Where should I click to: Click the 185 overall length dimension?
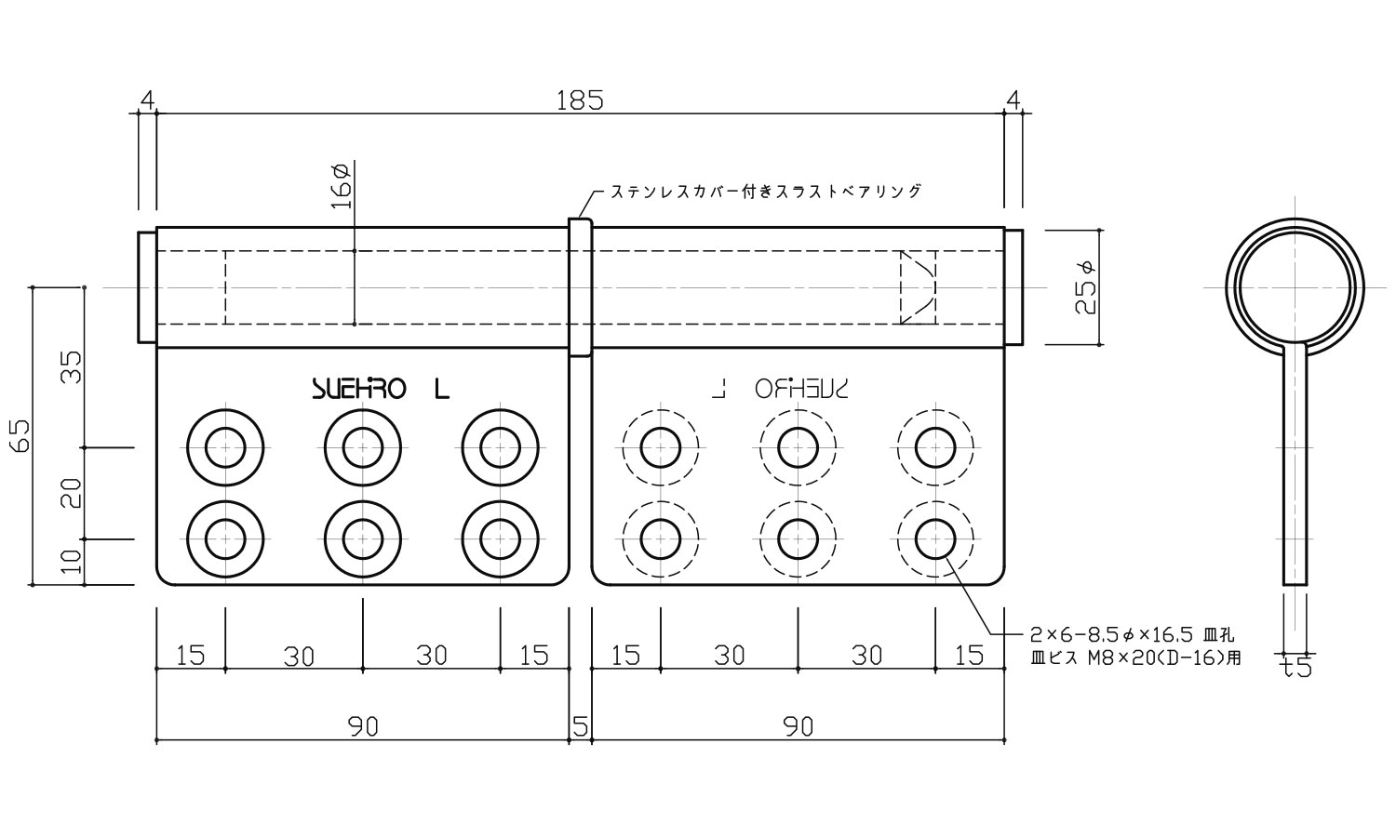pyautogui.click(x=580, y=100)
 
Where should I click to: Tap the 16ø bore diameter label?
pyautogui.click(x=341, y=186)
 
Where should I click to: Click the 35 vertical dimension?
pyautogui.click(x=72, y=367)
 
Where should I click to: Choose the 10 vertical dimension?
pyautogui.click(x=72, y=562)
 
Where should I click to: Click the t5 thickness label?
pyautogui.click(x=1295, y=668)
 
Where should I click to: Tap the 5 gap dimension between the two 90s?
pyautogui.click(x=580, y=726)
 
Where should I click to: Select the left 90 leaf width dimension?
pyautogui.click(x=363, y=726)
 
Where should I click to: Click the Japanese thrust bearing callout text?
pyautogui.click(x=765, y=192)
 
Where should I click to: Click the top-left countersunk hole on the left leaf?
pyautogui.click(x=224, y=447)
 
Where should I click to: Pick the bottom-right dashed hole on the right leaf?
pyautogui.click(x=935, y=538)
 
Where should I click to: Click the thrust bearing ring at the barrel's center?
pyautogui.click(x=580, y=287)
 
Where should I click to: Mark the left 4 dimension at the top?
pyautogui.click(x=147, y=100)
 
